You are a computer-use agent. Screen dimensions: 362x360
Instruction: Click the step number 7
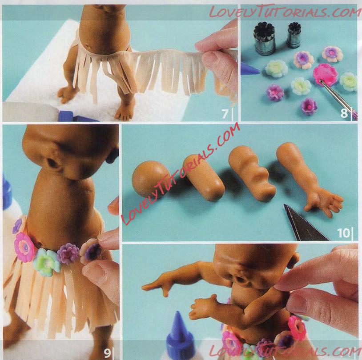225,114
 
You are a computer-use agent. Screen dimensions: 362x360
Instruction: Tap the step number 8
344,113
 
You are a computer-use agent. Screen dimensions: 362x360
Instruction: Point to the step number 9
107,352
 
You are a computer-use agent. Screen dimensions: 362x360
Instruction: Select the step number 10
343,233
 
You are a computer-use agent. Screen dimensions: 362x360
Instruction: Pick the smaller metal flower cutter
294,35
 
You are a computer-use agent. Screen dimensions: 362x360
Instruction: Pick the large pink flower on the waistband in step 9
24,248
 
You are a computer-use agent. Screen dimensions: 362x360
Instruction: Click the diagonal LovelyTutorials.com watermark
181,173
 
